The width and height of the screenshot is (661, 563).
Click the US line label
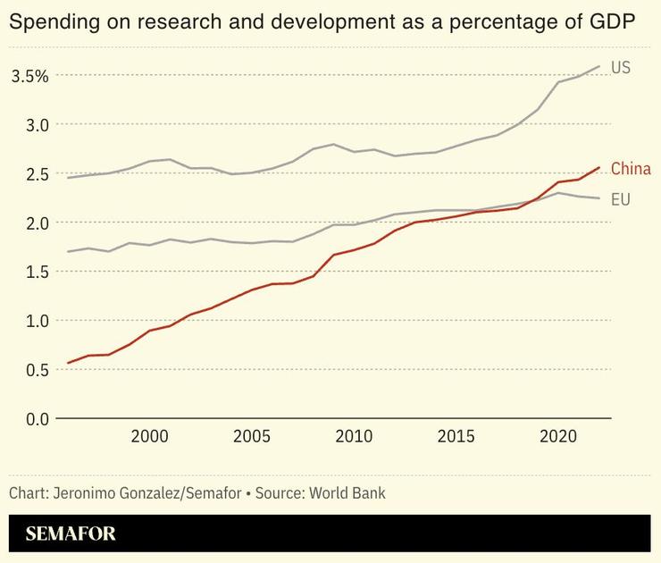point(621,67)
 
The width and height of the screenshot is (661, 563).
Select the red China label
point(631,169)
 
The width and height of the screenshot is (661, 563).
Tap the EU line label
point(621,199)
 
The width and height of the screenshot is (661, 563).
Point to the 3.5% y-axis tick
point(29,76)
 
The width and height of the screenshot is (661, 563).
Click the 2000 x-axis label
point(149,436)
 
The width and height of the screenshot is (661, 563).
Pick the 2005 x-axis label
point(251,436)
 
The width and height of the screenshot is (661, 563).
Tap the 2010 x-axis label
point(354,436)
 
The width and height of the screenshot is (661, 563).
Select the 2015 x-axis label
point(456,436)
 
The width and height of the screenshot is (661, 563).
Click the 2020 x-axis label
point(558,436)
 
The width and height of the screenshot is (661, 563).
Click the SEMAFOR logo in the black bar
point(71,535)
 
